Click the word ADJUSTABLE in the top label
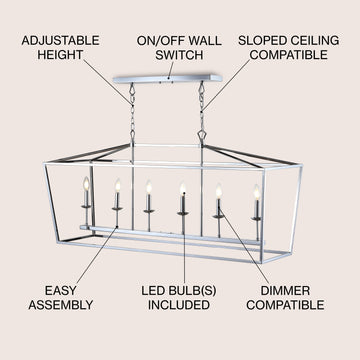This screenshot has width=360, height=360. [x=60, y=41]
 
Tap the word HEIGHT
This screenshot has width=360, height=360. [x=60, y=55]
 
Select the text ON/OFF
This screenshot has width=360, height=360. [x=157, y=41]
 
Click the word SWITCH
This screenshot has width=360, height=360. [x=179, y=55]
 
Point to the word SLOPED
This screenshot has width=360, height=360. [x=261, y=41]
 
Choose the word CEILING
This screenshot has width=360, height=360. [x=313, y=41]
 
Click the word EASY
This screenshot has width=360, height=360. [x=60, y=291]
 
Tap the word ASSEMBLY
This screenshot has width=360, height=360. [x=60, y=305]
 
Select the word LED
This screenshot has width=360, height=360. [x=152, y=291]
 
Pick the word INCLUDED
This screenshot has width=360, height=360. [x=179, y=305]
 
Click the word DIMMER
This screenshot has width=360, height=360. [x=285, y=291]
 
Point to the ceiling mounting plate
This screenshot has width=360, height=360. [x=168, y=79]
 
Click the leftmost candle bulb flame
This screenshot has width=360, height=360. [x=86, y=184]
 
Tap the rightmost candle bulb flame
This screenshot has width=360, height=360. [x=257, y=192]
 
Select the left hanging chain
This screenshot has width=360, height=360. [x=132, y=113]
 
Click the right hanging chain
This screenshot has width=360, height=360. [x=201, y=113]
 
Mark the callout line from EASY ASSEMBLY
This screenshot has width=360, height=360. [x=97, y=255]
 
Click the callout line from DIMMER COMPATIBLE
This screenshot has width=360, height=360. [x=244, y=246]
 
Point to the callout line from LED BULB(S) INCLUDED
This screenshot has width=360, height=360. [x=184, y=238]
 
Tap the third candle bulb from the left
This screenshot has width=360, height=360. [x=149, y=188]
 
